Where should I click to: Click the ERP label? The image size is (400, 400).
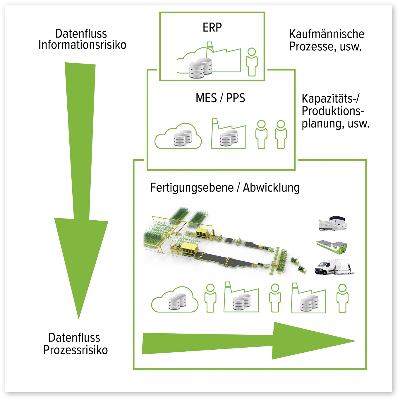pos(212,28)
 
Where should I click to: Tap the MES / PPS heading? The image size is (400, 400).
pos(220,98)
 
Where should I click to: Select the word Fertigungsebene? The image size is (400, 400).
pos(192,188)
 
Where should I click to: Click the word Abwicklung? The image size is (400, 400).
pos(271,188)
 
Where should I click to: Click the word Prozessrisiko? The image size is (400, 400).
pos(75,350)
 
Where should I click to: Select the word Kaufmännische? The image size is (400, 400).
pos(327,34)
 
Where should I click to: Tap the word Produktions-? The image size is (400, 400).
pos(333,111)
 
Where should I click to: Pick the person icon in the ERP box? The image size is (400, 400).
pos(252,62)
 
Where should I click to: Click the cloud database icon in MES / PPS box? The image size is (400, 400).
pos(178,137)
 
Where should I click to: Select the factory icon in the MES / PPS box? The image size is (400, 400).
pos(229,135)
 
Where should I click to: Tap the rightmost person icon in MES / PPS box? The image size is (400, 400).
pos(281,134)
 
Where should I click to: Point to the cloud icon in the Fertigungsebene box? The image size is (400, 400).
pos(175,300)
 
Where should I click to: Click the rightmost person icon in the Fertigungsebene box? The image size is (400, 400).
pos(342,298)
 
